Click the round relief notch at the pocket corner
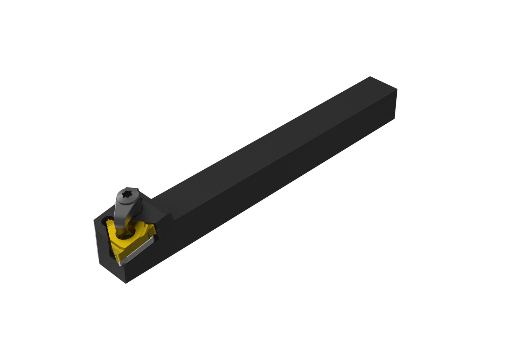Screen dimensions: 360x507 coord(108,219)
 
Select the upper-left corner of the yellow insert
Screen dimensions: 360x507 coord(109,224)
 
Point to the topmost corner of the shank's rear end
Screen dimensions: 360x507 coord(370,76)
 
